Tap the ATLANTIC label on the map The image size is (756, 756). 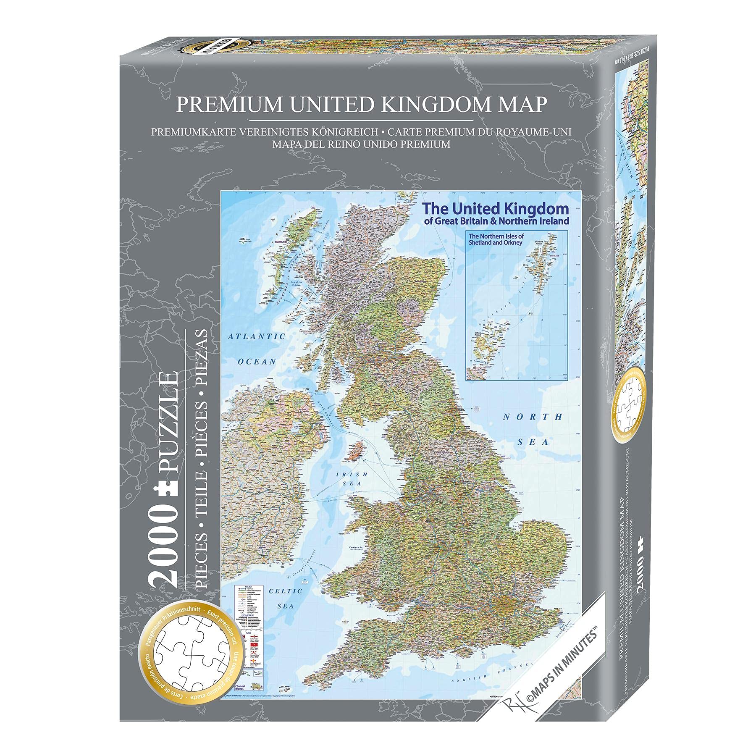256,336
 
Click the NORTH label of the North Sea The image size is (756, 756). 533,417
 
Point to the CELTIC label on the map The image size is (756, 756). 286,591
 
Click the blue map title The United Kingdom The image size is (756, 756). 495,208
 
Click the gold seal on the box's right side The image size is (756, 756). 626,404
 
